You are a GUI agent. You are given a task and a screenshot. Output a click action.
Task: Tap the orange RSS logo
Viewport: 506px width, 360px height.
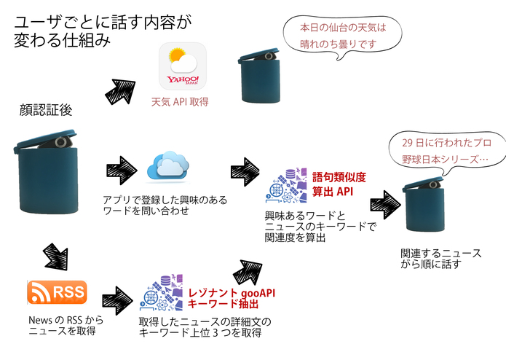pos(58,292)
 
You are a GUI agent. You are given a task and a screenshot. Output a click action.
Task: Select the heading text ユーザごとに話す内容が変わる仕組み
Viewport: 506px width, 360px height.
pos(103,31)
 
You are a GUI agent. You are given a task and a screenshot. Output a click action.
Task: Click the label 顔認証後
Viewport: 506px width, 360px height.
pos(46,110)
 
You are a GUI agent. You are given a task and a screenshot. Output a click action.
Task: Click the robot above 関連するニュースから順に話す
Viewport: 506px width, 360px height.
pos(424,206)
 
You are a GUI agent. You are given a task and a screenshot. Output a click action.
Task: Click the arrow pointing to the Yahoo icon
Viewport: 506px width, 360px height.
pos(121,89)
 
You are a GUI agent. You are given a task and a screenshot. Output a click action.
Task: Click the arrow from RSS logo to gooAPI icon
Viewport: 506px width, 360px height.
pos(116,298)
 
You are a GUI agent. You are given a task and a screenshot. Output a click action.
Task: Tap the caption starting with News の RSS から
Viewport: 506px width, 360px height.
pos(66,325)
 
